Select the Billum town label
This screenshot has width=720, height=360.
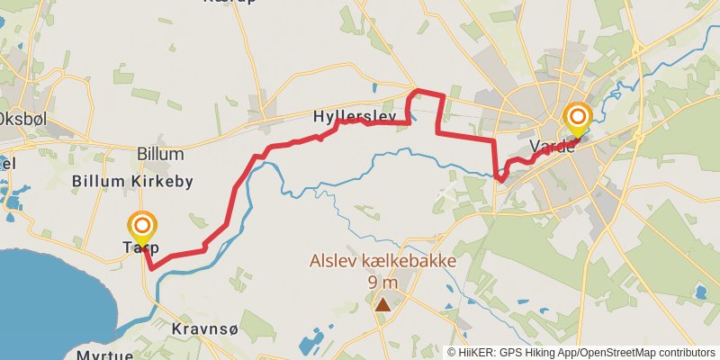tap(160, 154)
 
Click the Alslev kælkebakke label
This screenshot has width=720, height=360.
tap(382, 262)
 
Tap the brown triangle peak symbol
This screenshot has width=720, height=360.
tap(383, 305)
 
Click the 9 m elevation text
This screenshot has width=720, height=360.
tap(382, 282)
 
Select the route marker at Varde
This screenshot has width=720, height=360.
tap(577, 118)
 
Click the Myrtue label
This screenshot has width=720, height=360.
tap(104, 355)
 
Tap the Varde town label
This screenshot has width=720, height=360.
tap(552, 147)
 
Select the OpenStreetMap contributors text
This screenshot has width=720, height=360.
tap(646, 352)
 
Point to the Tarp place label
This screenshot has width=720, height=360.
tap(139, 247)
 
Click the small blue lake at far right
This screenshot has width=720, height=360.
tap(701, 292)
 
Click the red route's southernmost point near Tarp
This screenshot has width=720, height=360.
tap(151, 268)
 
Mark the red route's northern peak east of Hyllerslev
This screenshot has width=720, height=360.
tap(416, 90)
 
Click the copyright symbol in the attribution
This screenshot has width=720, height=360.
tap(452, 352)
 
